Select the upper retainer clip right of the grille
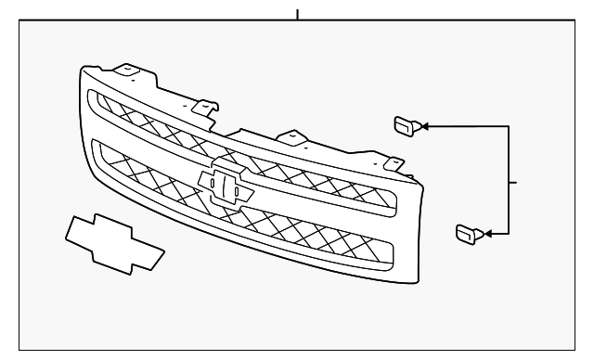406,124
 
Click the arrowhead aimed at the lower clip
488,232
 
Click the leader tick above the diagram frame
297,13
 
